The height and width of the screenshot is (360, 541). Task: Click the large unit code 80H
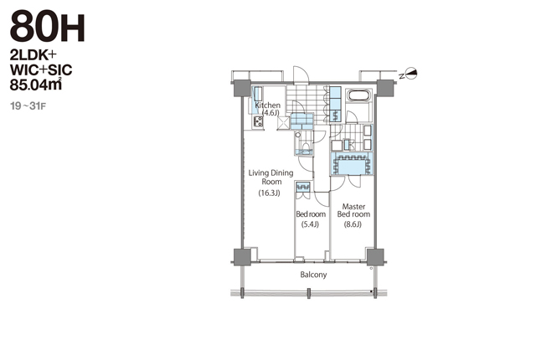[48, 27]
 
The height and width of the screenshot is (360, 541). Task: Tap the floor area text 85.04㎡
[36, 85]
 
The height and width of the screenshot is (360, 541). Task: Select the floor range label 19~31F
[28, 105]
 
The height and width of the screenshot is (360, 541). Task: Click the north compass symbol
[409, 74]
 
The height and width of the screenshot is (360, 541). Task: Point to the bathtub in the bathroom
[358, 95]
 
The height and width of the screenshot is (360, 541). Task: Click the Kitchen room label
[267, 105]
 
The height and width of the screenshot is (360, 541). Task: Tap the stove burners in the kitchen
[258, 121]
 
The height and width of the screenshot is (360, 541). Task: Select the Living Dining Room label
[270, 177]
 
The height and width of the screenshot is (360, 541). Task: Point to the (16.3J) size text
[270, 193]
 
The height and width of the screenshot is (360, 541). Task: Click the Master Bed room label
[353, 210]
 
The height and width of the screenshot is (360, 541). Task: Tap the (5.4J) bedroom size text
[310, 224]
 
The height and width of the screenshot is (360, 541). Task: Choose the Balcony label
[313, 275]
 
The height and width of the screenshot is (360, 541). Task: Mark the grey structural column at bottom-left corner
[242, 257]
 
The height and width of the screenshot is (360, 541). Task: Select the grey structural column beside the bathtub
[385, 88]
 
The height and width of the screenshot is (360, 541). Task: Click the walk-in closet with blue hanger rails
[352, 164]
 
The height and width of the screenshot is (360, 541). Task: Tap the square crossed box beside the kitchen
[284, 123]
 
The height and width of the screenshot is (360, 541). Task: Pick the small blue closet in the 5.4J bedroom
[303, 187]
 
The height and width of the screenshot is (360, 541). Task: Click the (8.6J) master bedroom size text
[353, 224]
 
